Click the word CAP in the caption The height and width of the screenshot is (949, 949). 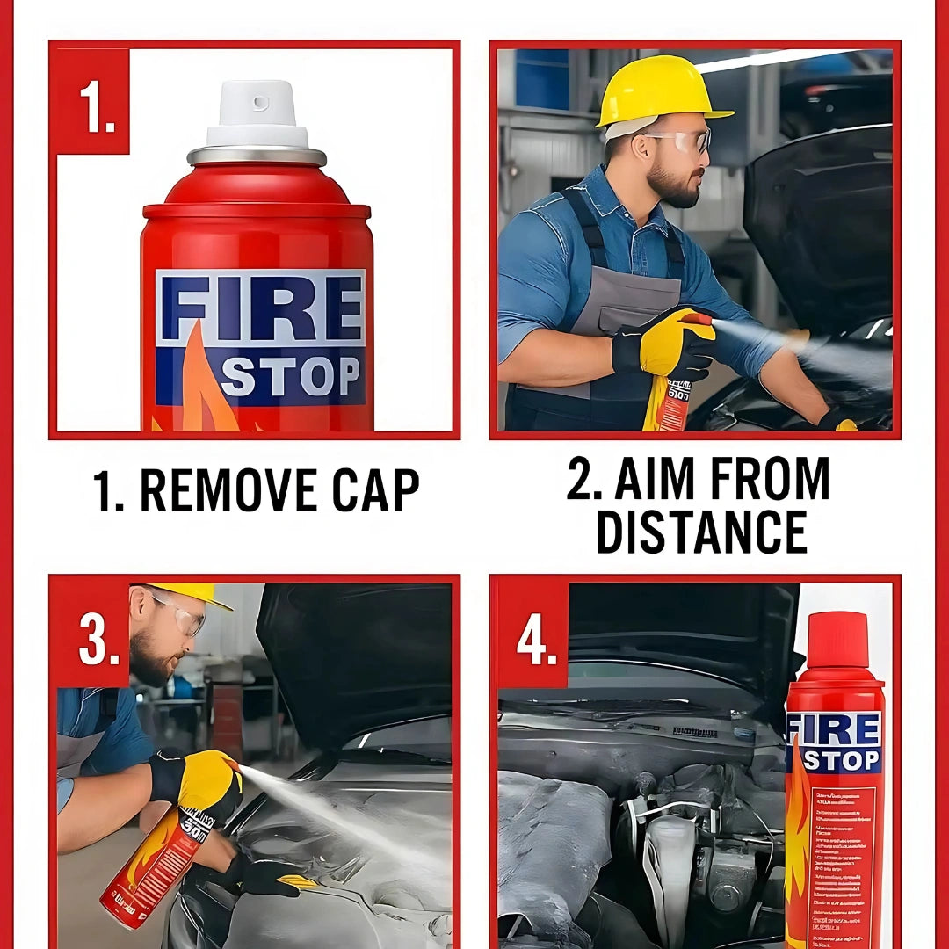375,490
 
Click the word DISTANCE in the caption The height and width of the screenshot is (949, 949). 701,531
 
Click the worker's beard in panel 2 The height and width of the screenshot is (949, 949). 673,185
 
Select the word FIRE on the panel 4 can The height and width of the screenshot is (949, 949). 835,729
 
